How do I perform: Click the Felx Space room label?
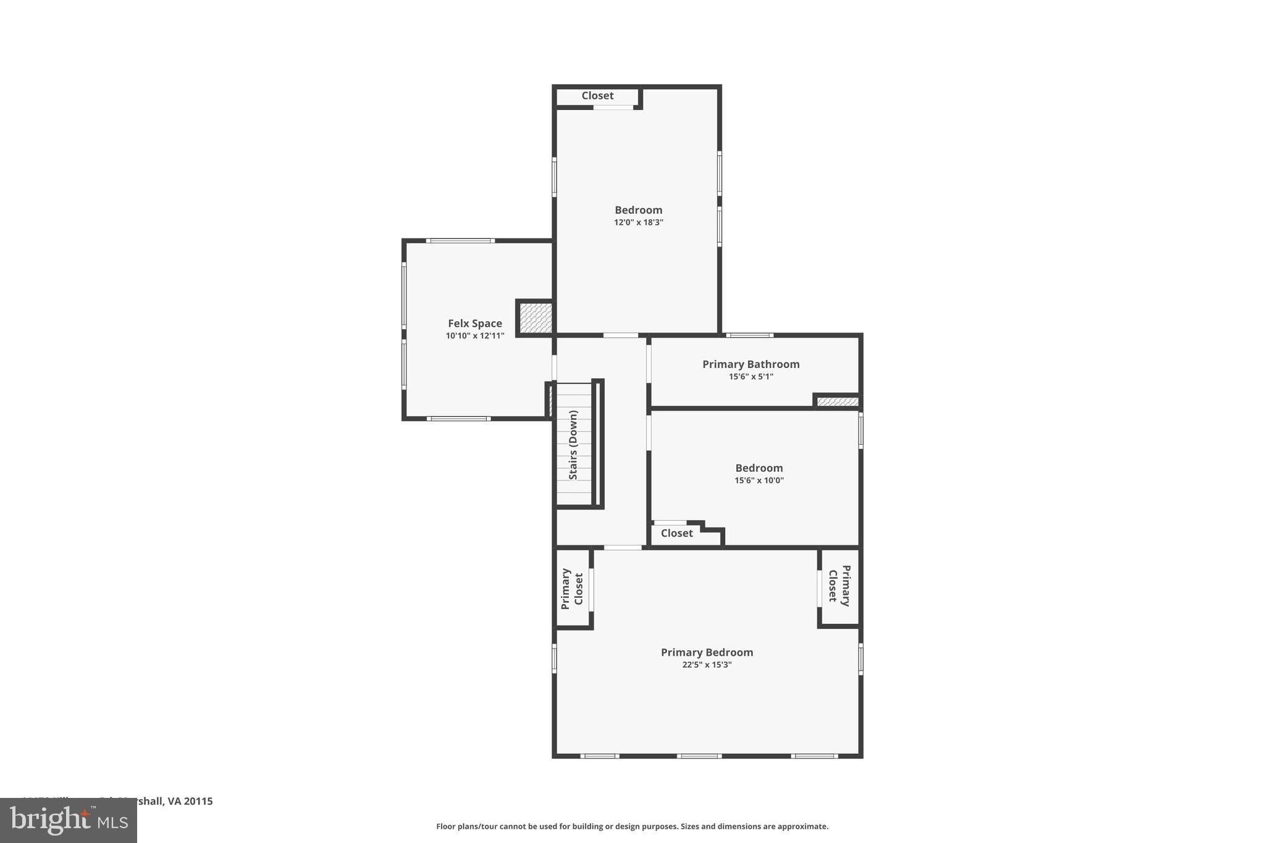(x=474, y=323)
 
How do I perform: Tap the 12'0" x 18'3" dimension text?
(x=638, y=222)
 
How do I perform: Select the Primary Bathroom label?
(x=750, y=364)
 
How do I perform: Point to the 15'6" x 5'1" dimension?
(x=750, y=377)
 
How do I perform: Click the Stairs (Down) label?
(x=573, y=445)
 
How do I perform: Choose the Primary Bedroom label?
(x=707, y=652)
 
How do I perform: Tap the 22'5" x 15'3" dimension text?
(x=707, y=665)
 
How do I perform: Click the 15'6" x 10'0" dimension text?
(x=759, y=480)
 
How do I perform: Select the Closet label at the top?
(x=597, y=96)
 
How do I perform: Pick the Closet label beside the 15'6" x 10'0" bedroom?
(x=676, y=533)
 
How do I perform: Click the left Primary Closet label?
(x=572, y=589)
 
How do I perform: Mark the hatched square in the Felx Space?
(x=535, y=318)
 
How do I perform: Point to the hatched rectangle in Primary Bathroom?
(x=837, y=402)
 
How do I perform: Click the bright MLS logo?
(x=69, y=820)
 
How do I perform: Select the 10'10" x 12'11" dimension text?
(x=474, y=336)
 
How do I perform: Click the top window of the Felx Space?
(x=460, y=240)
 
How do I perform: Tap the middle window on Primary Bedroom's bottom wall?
(x=699, y=756)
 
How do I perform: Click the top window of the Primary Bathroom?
(x=749, y=335)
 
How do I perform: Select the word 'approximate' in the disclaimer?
(x=802, y=826)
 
